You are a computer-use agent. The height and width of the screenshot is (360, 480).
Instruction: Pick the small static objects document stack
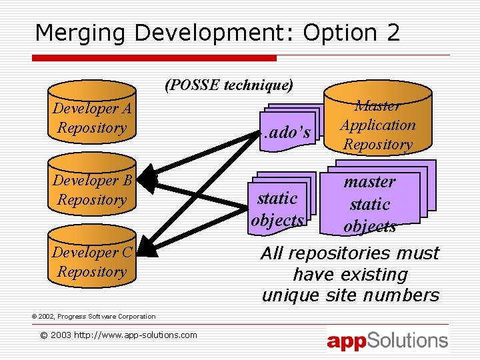click(279, 204)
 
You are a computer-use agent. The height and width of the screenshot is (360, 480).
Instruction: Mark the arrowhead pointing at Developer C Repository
click(148, 249)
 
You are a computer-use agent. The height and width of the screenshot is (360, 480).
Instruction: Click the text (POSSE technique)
click(229, 85)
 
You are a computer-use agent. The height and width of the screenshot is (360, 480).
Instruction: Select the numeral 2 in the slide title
click(393, 33)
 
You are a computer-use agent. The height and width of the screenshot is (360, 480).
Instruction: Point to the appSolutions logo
click(387, 341)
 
